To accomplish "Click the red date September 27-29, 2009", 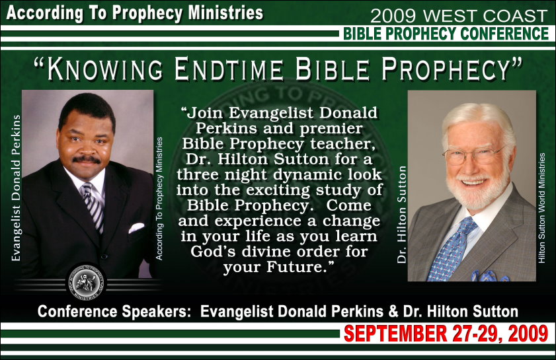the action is [446, 334].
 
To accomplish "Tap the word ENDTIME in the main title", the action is [229, 69].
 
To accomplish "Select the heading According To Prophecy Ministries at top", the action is [135, 13].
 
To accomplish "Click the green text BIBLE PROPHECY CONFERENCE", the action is [446, 34].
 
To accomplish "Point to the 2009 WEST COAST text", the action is [459, 16].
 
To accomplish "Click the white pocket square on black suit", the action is [136, 227].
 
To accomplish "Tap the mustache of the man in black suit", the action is [87, 159].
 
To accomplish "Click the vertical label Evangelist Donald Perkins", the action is [16, 188].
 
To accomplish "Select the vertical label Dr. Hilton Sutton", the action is [401, 215].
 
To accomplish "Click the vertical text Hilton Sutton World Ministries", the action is [541, 208].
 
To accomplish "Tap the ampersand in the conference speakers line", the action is [393, 312].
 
